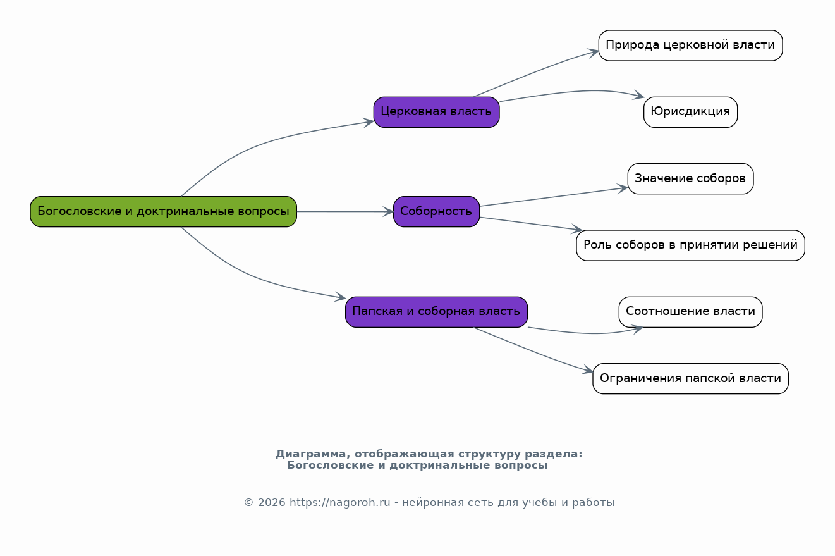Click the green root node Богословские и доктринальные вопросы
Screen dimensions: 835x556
pos(163,211)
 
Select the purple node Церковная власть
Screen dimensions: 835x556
pos(436,112)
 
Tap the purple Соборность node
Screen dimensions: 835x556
pos(436,211)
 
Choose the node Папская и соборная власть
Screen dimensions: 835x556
pos(436,312)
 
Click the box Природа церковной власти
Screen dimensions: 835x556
pos(690,46)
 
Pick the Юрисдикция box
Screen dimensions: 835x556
pos(690,112)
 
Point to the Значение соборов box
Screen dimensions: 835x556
pos(690,178)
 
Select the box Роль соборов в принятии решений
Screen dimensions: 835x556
pos(690,245)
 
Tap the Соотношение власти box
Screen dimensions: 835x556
pos(690,312)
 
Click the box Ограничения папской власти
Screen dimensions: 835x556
pos(690,378)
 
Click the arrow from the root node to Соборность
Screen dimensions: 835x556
pos(345,211)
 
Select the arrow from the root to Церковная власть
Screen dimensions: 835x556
pos(261,144)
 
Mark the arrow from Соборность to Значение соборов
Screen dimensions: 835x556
pos(554,197)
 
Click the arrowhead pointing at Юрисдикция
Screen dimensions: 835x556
pos(638,96)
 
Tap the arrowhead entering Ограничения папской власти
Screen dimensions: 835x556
pos(587,369)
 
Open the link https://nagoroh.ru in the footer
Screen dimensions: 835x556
pos(339,502)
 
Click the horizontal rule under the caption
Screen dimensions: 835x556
pos(429,483)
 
